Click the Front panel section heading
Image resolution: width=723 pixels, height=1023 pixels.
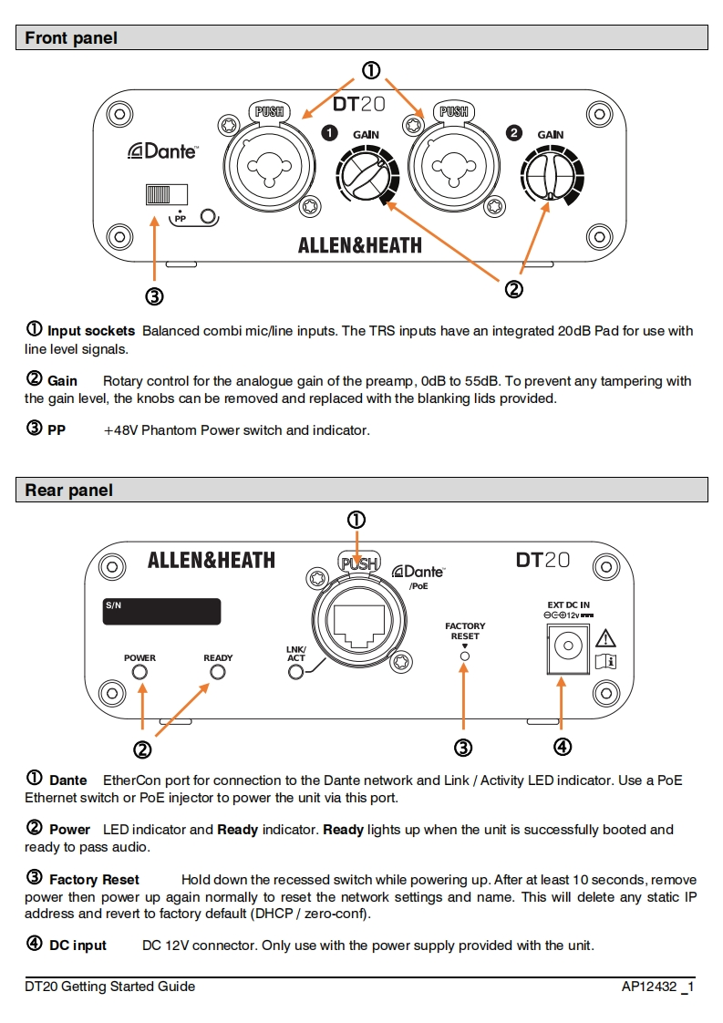click(71, 38)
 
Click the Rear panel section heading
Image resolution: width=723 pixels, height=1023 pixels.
click(69, 491)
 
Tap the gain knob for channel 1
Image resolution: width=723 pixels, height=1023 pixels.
click(366, 175)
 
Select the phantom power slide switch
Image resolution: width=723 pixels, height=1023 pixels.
click(166, 194)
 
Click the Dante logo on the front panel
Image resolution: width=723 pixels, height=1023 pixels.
click(163, 151)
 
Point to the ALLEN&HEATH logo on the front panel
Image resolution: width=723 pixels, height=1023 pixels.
click(360, 245)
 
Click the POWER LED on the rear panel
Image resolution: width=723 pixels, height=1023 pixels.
click(139, 673)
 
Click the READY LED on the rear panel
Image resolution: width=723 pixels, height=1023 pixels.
click(218, 673)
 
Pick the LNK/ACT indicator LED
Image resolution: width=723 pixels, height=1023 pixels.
click(295, 673)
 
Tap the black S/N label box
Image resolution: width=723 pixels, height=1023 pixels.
click(160, 611)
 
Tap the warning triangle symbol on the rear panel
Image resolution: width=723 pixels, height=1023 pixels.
click(605, 638)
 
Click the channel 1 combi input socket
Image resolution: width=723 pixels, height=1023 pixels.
click(269, 164)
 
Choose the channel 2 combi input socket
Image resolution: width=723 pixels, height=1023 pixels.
click(454, 164)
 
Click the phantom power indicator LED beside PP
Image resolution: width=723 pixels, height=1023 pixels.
click(210, 217)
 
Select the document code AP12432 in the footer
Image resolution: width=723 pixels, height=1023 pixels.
click(651, 987)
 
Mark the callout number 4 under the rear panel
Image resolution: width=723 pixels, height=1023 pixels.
click(563, 748)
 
